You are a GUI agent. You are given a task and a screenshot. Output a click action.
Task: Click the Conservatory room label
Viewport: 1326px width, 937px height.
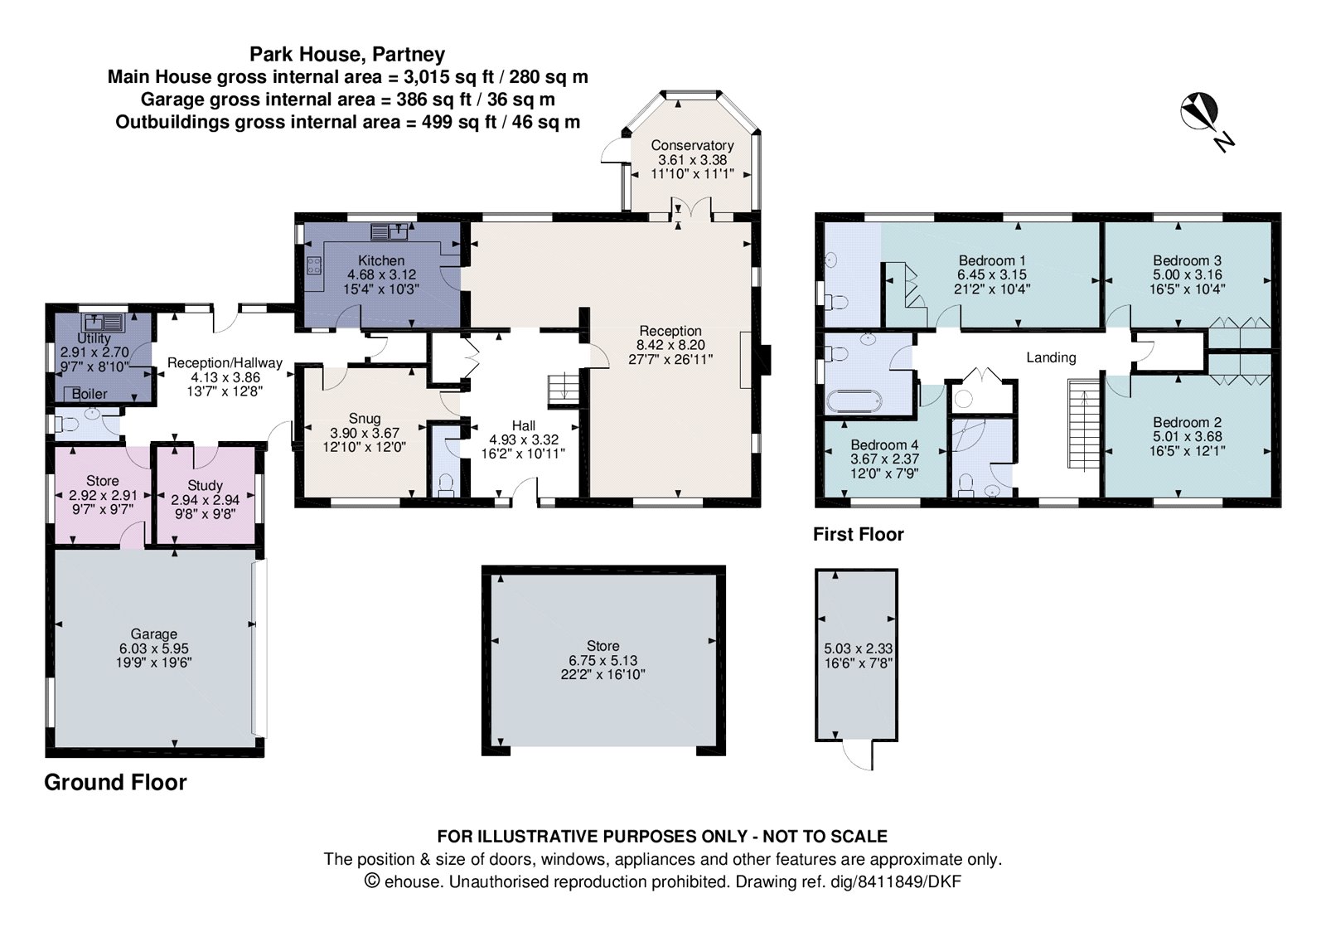point(692,145)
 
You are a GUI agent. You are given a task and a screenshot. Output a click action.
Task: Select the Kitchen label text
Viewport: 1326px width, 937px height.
point(381,260)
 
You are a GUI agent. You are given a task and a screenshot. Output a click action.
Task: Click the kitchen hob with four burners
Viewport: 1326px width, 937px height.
point(315,265)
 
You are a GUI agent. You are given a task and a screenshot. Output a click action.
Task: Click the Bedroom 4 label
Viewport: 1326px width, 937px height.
point(884,444)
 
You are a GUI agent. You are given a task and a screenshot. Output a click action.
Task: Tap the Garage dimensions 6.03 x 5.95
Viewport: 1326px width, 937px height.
point(154,648)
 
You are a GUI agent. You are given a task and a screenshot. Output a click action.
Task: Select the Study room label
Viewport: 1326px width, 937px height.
point(205,485)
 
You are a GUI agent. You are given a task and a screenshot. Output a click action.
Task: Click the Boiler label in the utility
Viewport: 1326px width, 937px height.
point(90,394)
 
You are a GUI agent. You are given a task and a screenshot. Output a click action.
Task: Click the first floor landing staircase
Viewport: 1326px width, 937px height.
point(1082,425)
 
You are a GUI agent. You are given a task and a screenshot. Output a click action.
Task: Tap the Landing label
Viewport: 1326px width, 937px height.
point(1051,357)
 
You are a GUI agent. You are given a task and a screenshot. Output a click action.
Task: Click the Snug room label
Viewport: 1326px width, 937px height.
point(365,419)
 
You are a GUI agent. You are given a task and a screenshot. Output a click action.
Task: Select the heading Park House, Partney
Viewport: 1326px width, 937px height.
point(347,55)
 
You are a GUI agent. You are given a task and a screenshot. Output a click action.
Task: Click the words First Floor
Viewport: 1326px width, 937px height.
point(858,535)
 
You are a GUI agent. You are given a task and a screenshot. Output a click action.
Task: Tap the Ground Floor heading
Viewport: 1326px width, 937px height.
point(115,782)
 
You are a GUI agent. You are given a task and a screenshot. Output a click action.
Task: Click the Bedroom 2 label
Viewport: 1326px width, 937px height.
point(1187,422)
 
